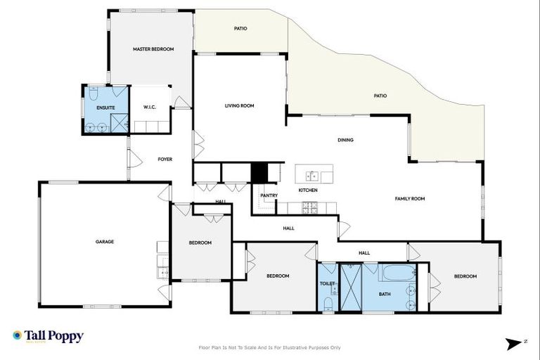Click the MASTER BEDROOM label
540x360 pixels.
click(153, 49)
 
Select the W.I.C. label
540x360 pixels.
click(149, 108)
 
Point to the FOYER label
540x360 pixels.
click(165, 160)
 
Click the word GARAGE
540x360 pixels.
click(105, 242)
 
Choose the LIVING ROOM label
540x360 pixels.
click(239, 106)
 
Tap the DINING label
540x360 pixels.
click(345, 140)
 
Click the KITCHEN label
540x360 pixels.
click(308, 191)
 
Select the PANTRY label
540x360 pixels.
click(269, 195)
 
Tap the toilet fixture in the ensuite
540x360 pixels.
click(93, 94)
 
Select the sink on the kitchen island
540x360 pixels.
click(310, 175)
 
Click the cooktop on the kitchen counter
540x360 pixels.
click(309, 207)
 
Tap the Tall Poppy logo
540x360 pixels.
click(48, 336)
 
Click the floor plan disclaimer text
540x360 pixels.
click(270, 347)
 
